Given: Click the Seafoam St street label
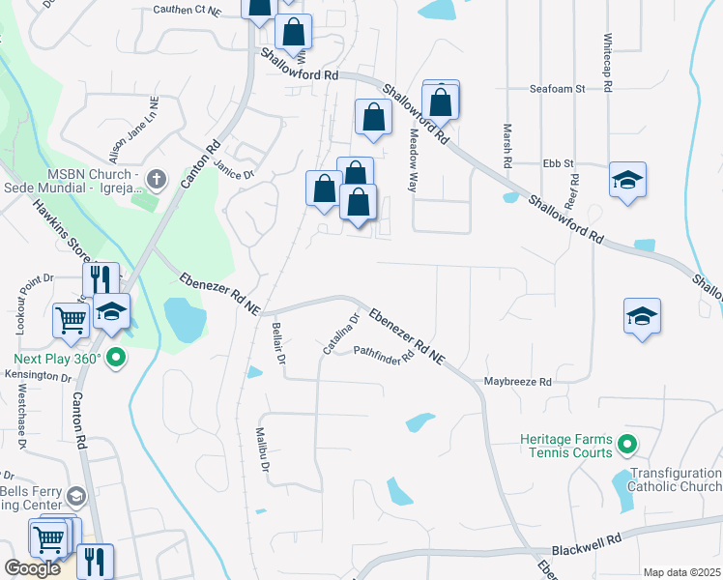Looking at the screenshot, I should [x=558, y=88].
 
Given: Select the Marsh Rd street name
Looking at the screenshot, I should [x=506, y=143].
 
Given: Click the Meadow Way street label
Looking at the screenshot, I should [x=413, y=160].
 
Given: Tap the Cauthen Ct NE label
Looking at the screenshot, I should [x=188, y=11].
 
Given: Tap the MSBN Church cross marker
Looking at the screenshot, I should [x=159, y=180].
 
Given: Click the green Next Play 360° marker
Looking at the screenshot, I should [x=117, y=359].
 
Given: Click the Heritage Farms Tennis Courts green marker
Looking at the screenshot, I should [x=627, y=445].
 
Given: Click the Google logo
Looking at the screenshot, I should [x=32, y=568].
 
